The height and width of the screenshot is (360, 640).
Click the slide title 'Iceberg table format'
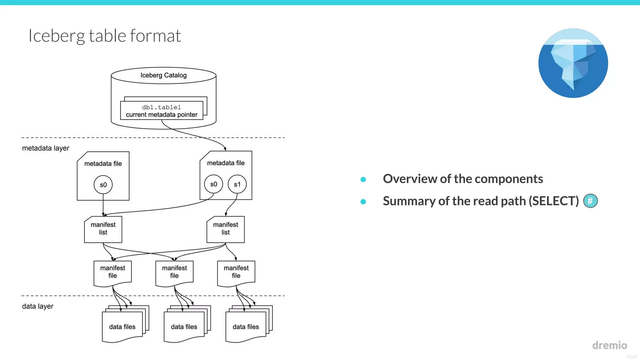pyautogui.click(x=104, y=36)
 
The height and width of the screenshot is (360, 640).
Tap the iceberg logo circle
pyautogui.click(x=573, y=63)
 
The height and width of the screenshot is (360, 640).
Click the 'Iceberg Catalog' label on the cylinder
pyautogui.click(x=163, y=75)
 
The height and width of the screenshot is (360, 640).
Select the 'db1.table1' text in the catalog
pyautogui.click(x=162, y=107)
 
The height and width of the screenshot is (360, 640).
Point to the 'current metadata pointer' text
pyautogui.click(x=162, y=115)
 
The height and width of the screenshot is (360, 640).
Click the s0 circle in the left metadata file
pyautogui.click(x=103, y=185)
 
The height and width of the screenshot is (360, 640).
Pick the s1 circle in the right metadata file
pyautogui.click(x=237, y=184)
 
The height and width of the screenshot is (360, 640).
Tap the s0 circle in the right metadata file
pyautogui.click(x=213, y=184)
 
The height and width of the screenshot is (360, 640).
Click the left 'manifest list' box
pyautogui.click(x=103, y=229)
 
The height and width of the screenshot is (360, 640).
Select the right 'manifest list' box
pyautogui.click(x=226, y=229)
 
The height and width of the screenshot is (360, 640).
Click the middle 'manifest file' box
pyautogui.click(x=174, y=272)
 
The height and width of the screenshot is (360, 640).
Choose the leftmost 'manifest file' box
pyautogui.click(x=112, y=272)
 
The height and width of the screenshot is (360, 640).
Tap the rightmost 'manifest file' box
pyautogui.click(x=236, y=272)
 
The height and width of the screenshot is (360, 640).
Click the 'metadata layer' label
pyautogui.click(x=46, y=148)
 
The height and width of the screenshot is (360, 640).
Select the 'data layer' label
pyautogui.click(x=38, y=306)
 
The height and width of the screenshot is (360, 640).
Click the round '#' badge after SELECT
pyautogui.click(x=590, y=201)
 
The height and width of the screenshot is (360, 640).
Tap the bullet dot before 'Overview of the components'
pyautogui.click(x=363, y=179)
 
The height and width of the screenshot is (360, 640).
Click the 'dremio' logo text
pyautogui.click(x=609, y=345)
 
